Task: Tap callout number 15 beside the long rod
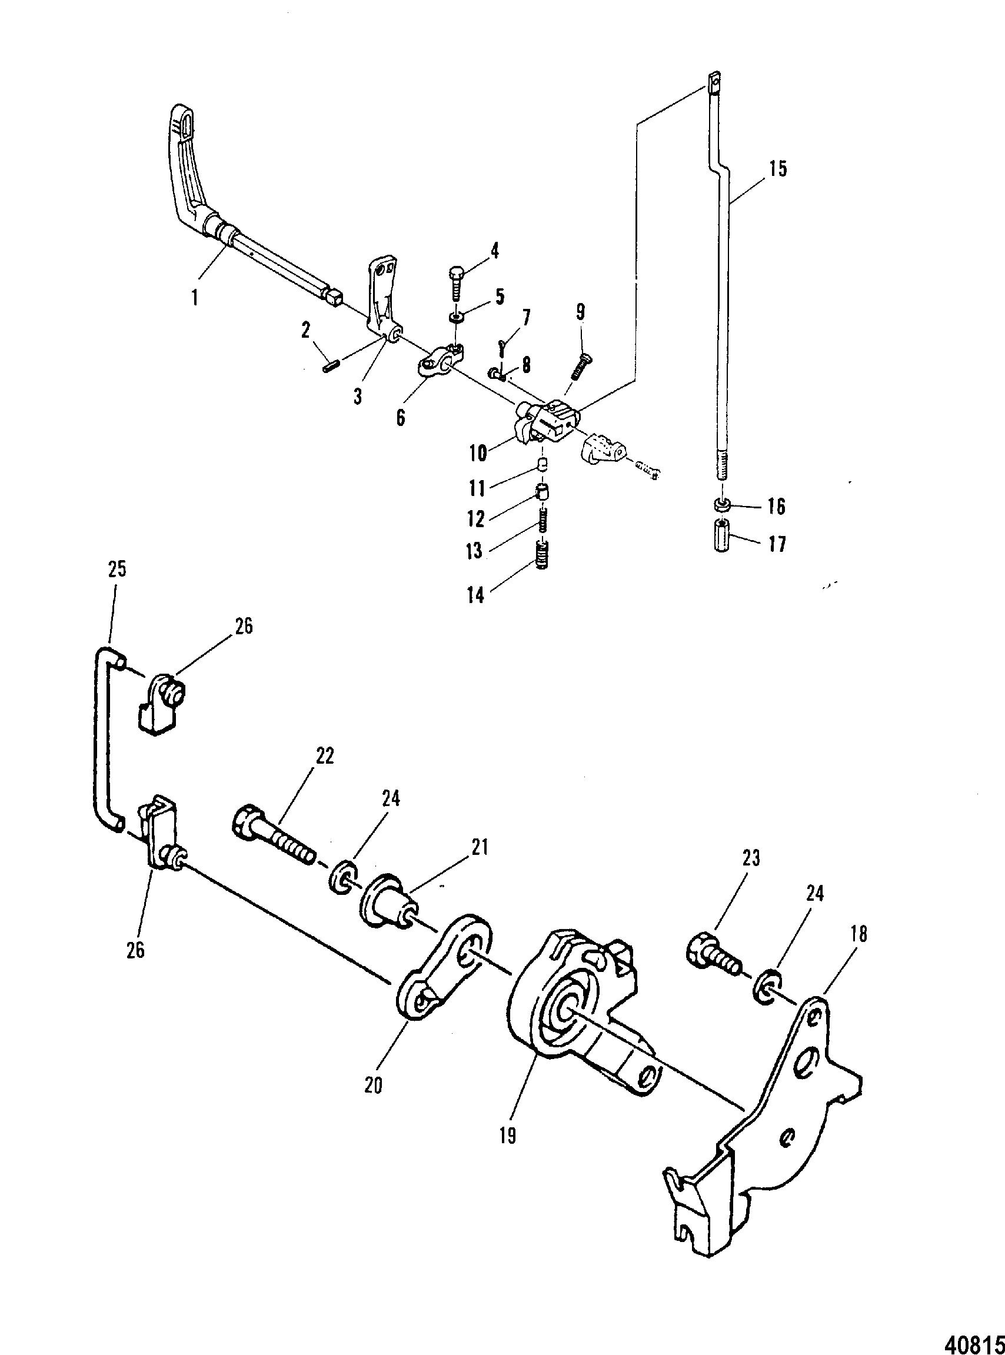click(777, 168)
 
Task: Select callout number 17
click(776, 544)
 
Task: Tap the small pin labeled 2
click(330, 368)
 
